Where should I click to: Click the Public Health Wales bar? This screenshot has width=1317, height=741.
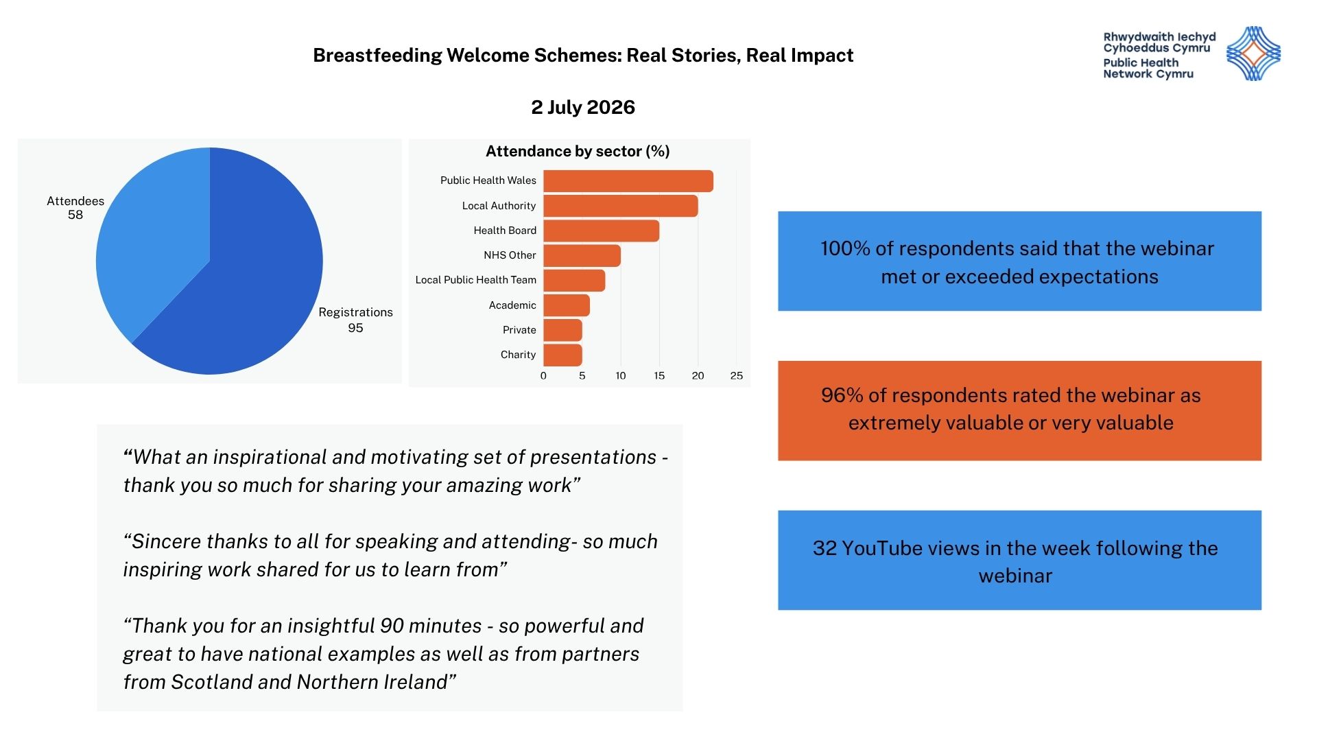(x=628, y=181)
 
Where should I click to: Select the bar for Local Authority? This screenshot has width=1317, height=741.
(x=621, y=206)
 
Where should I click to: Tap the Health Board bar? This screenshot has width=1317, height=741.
(x=602, y=231)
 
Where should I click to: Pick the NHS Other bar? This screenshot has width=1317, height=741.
(x=582, y=255)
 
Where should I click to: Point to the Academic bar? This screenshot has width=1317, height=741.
(x=567, y=305)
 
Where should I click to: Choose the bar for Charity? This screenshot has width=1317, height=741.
(x=563, y=355)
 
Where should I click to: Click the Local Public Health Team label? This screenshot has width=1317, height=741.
(x=476, y=280)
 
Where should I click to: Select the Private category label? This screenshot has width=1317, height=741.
(x=519, y=330)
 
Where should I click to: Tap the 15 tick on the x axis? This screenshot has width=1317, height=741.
(x=659, y=376)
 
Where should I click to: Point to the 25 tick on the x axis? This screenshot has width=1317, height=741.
(x=737, y=376)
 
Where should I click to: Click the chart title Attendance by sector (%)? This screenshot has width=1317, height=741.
(x=578, y=152)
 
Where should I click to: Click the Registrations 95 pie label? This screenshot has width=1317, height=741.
(x=355, y=320)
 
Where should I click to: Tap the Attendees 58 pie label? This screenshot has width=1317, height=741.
(x=75, y=207)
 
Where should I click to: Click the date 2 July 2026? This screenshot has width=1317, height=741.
(x=583, y=108)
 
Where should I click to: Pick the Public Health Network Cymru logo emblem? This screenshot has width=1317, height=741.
(x=1253, y=54)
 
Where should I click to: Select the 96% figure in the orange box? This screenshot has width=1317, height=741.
(x=842, y=395)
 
